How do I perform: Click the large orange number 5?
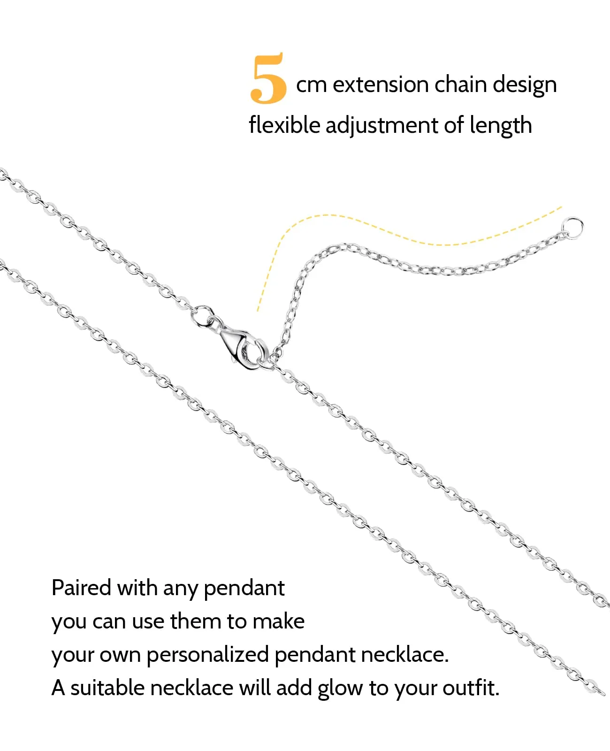[x=268, y=78]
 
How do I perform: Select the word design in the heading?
[x=525, y=85]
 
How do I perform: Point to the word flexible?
[x=284, y=125]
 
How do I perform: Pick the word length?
[x=501, y=126]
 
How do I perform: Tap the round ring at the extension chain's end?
[x=572, y=228]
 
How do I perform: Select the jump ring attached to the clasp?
[x=202, y=315]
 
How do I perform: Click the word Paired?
[x=81, y=588]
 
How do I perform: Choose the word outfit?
[x=471, y=688]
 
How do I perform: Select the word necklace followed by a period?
[x=405, y=654]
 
